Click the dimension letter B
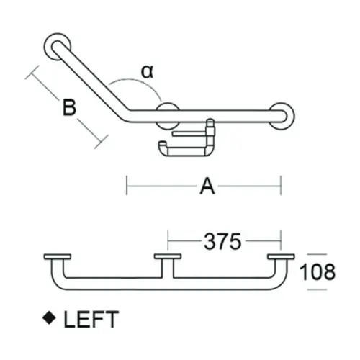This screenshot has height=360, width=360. point(68,109)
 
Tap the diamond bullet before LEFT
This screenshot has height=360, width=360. point(50,317)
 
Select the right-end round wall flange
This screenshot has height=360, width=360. point(282,114)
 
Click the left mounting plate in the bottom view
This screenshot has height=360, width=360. point(58,257)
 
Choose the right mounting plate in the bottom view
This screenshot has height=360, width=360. point(281,257)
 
